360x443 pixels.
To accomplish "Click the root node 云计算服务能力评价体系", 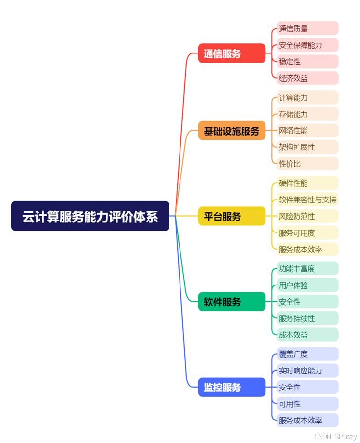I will [x=90, y=216].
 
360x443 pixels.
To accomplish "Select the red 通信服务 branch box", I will [x=232, y=53].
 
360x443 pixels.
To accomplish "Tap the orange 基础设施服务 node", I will [x=232, y=131].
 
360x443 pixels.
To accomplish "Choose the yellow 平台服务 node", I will [x=232, y=216].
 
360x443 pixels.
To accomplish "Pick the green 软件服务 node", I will [x=232, y=302].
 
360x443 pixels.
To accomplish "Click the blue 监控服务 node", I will [x=232, y=387].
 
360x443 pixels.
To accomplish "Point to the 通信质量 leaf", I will [x=307, y=29].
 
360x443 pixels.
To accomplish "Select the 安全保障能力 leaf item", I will [x=307, y=45].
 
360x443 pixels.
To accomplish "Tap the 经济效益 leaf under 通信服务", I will [x=307, y=78].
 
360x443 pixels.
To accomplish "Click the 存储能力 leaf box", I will [x=307, y=114].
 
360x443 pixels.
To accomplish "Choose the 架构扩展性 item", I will [x=307, y=147].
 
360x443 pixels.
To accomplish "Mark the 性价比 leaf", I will [x=307, y=164].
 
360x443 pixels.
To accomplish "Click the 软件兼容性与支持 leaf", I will [x=307, y=200].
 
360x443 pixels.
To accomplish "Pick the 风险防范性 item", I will [x=307, y=216].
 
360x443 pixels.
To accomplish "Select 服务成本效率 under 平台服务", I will [x=307, y=249].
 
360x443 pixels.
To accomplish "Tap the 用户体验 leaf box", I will [x=307, y=285].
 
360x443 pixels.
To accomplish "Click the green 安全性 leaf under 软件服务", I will [x=307, y=302].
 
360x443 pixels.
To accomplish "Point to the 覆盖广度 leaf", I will [x=307, y=354].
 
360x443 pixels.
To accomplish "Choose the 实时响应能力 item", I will [x=307, y=370].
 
